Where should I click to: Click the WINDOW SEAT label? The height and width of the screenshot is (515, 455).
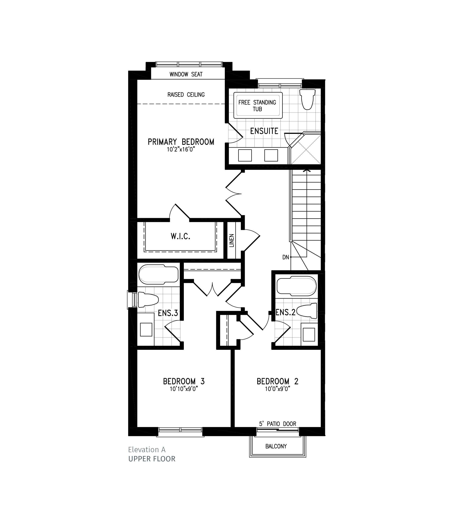[186, 74]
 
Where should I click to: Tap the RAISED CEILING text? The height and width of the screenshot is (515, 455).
[186, 95]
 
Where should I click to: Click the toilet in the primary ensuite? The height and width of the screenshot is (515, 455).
[307, 100]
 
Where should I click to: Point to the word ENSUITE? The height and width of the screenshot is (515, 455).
[264, 131]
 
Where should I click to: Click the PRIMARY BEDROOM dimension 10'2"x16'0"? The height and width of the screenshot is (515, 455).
[181, 149]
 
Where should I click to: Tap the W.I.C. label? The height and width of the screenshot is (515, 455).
[180, 236]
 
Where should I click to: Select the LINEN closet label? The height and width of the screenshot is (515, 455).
[232, 240]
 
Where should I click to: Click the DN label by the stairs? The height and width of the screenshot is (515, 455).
[285, 257]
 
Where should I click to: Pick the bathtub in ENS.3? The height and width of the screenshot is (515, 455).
[158, 274]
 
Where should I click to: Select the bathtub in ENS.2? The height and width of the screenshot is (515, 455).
[296, 286]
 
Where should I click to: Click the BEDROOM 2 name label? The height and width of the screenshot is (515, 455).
[277, 382]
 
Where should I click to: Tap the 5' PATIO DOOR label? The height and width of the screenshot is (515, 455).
[277, 424]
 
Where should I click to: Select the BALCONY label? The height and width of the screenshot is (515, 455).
[276, 446]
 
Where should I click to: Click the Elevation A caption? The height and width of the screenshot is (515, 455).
[147, 450]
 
